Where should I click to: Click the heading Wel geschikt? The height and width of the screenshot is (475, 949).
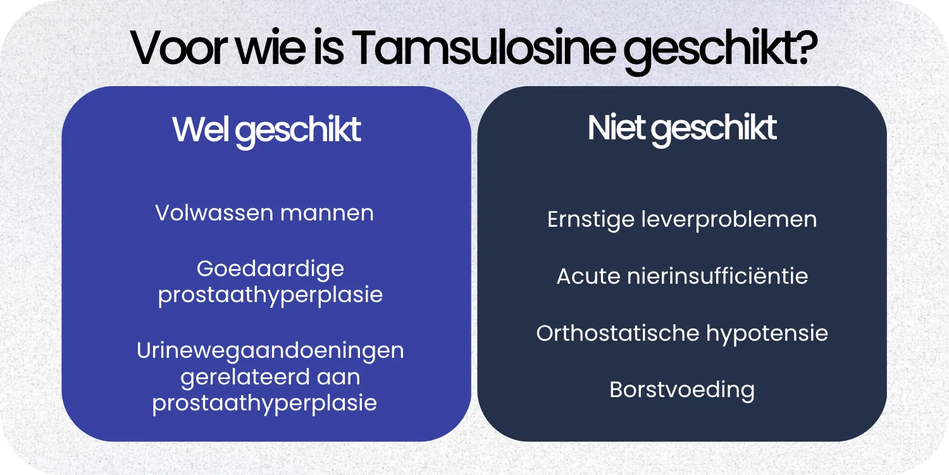click(266, 130)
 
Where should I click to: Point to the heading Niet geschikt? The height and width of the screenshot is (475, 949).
click(682, 128)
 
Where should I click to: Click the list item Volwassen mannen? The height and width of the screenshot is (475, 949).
click(264, 213)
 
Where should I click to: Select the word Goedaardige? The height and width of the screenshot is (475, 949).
click(270, 269)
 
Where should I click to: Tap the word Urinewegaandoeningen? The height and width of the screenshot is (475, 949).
click(270, 350)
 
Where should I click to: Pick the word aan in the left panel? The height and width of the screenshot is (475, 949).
click(338, 377)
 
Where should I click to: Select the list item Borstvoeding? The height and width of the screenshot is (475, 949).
click(682, 389)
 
